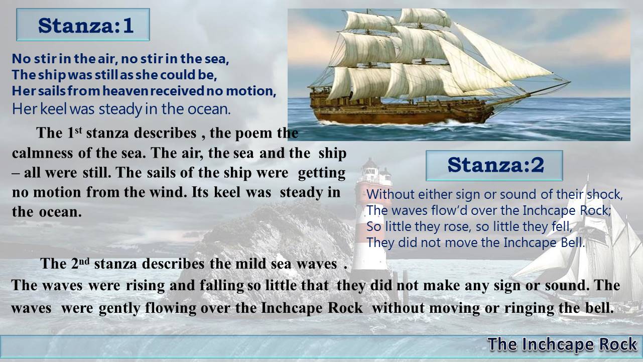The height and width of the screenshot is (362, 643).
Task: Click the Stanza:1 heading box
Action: (x=83, y=25)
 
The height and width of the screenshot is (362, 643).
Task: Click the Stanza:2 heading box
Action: (x=494, y=165)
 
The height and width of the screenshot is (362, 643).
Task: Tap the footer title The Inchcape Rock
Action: (x=562, y=344)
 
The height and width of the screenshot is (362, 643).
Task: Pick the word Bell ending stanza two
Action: (x=572, y=243)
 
